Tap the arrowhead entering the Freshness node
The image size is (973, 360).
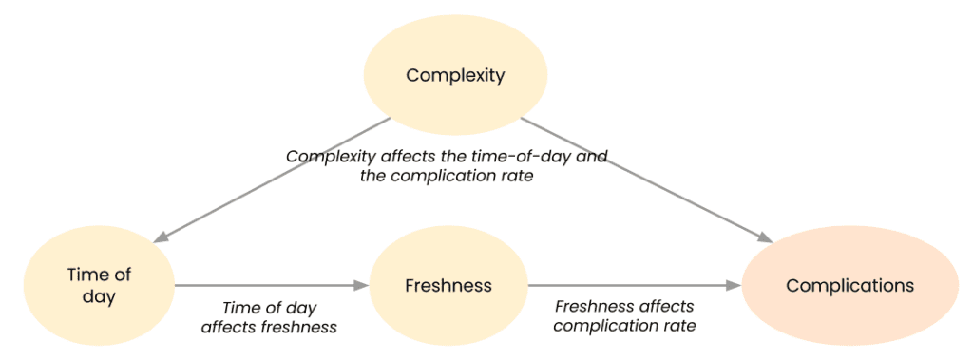(361, 285)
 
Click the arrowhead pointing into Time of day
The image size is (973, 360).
(162, 237)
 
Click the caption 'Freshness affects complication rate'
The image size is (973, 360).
(624, 316)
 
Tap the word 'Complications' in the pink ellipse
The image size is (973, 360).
(849, 285)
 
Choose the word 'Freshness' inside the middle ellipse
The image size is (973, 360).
(448, 285)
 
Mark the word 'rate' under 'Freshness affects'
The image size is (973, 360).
(680, 326)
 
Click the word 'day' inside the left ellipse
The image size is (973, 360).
(99, 297)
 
